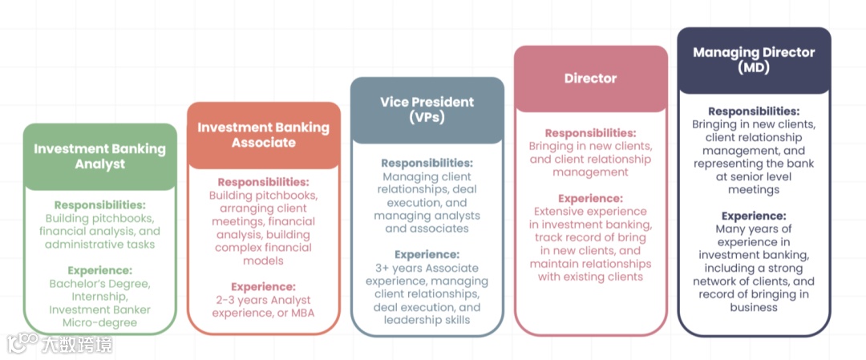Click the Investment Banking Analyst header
click(x=99, y=156)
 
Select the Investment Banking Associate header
click(x=263, y=135)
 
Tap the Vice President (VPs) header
click(x=427, y=110)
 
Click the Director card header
click(x=590, y=79)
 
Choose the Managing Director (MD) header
click(x=754, y=60)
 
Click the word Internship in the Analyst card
click(x=99, y=297)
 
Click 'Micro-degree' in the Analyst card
click(x=99, y=322)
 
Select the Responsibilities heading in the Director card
click(x=590, y=133)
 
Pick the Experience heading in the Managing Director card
click(x=754, y=216)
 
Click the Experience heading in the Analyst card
click(x=99, y=270)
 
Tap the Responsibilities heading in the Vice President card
click(x=427, y=163)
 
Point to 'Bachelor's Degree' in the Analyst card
click(x=99, y=284)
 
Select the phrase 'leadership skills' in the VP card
click(x=427, y=320)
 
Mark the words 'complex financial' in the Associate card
click(x=263, y=248)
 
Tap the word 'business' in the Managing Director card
click(x=754, y=307)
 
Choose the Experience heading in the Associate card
click(x=263, y=286)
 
